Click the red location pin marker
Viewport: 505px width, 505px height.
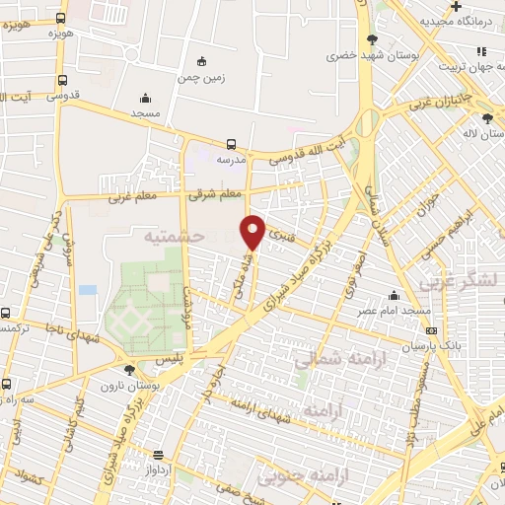coord(252,231)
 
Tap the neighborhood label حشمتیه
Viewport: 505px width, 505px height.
coord(173,237)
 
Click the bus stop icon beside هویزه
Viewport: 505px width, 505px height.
coord(61,18)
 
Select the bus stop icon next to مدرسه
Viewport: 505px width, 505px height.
coord(231,143)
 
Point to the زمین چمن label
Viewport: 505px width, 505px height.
coord(201,76)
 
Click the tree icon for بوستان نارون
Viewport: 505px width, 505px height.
coord(129,371)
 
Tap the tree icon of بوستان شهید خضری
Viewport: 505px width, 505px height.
coord(372,39)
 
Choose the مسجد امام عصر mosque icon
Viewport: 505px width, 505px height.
coord(395,295)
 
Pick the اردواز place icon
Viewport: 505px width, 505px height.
coord(159,455)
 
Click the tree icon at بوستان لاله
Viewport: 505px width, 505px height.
coord(488,118)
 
